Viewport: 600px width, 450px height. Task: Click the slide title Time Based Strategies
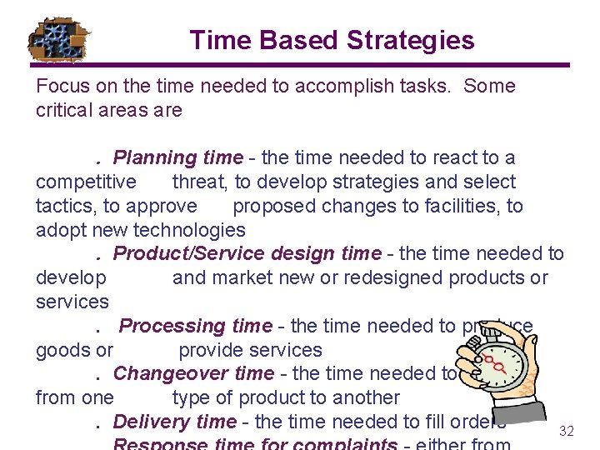332,40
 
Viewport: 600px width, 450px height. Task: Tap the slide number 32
567,431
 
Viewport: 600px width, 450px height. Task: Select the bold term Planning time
177,157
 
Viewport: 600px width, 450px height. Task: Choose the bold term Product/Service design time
247,253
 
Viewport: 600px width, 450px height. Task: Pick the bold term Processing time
196,326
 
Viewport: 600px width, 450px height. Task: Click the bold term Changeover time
193,373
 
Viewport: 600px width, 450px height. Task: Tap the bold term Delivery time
174,422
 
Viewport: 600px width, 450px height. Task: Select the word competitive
86,182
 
